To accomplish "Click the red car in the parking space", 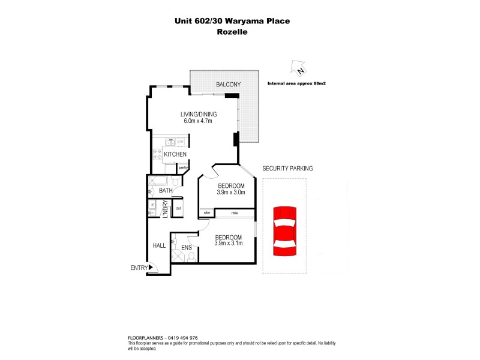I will pos(283,230).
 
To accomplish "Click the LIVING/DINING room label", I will pos(199,114).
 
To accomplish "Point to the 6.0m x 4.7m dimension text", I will pos(199,121).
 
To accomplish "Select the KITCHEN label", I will pos(175,155).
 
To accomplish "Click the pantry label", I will pos(183,167).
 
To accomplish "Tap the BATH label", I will pos(166,191).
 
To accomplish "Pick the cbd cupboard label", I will pos(178,208).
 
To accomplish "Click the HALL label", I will pos(159,245).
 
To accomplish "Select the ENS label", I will pos(186,247).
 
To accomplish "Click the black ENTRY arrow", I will pos(152,268).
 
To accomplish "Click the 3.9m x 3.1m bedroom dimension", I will pos(229,244).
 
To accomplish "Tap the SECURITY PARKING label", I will pos(287,169).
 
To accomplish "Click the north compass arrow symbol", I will pos(296,68).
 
